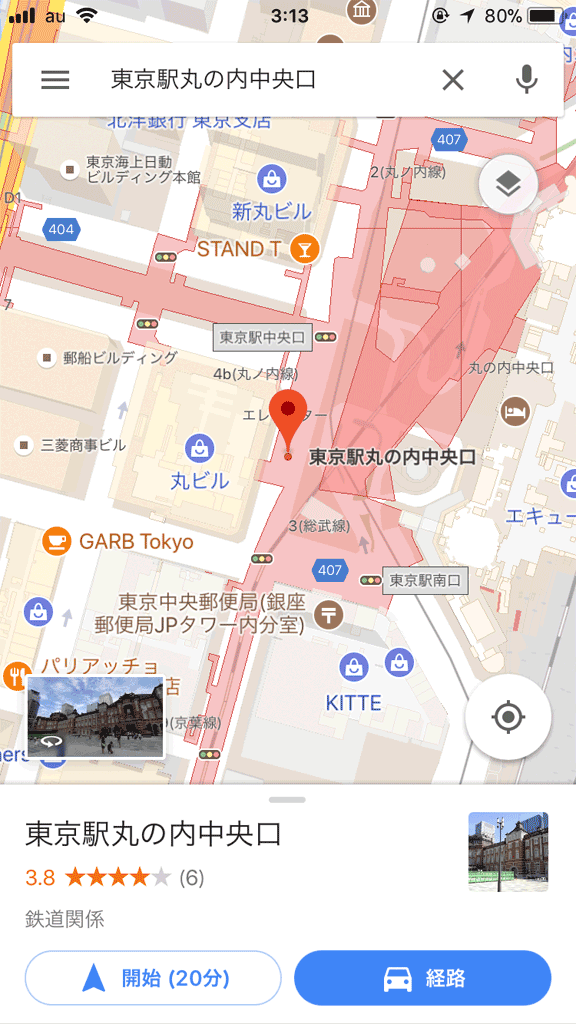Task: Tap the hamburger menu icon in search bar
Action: pyautogui.click(x=55, y=80)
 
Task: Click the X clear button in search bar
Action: pyautogui.click(x=453, y=80)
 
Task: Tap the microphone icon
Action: pyautogui.click(x=526, y=80)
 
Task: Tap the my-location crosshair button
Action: pyautogui.click(x=508, y=717)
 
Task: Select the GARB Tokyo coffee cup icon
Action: pyautogui.click(x=56, y=542)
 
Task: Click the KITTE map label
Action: pyautogui.click(x=353, y=703)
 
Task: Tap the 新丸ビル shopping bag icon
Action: pyautogui.click(x=271, y=180)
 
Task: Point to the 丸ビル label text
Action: pyautogui.click(x=199, y=481)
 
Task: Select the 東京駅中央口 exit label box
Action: pyautogui.click(x=262, y=338)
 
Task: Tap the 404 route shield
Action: pyautogui.click(x=61, y=230)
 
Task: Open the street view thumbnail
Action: pyautogui.click(x=95, y=717)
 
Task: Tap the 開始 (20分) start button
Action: pyautogui.click(x=153, y=977)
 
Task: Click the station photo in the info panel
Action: pyautogui.click(x=508, y=851)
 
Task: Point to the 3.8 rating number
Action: pyautogui.click(x=40, y=878)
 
